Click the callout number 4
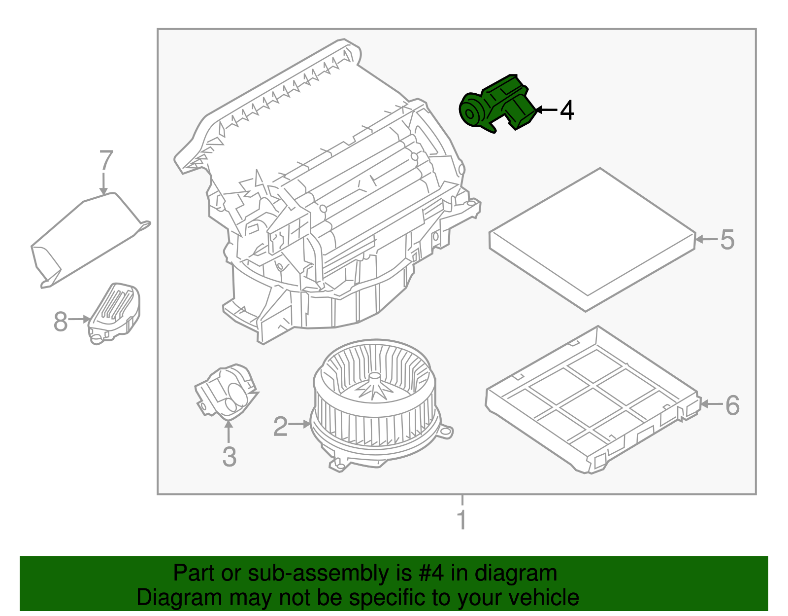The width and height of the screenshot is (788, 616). point(567,110)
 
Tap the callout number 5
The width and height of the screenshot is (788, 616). point(727,240)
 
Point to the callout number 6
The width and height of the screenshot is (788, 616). point(732,405)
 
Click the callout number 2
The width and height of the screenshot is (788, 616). point(280,427)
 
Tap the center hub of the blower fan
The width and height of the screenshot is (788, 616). point(375,377)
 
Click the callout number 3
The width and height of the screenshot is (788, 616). point(229,457)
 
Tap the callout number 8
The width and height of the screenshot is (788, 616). point(60,322)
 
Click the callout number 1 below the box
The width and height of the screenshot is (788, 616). point(461,520)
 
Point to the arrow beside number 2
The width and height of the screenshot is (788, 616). point(299,424)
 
